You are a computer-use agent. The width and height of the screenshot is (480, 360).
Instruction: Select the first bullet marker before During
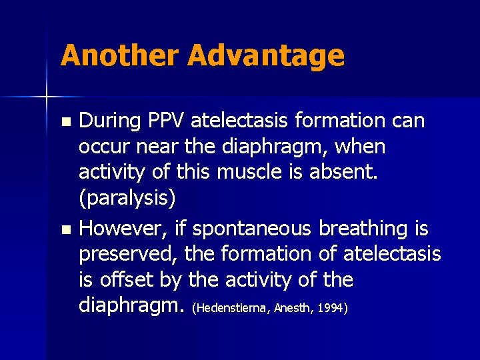[65, 122]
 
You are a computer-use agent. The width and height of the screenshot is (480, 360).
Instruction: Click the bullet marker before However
[65, 230]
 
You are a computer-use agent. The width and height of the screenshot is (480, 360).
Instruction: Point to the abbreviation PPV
[166, 121]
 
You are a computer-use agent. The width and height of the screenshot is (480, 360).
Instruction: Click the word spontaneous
[253, 229]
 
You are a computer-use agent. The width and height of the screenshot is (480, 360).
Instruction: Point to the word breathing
[369, 229]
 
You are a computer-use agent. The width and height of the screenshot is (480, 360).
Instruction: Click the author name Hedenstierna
[229, 309]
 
